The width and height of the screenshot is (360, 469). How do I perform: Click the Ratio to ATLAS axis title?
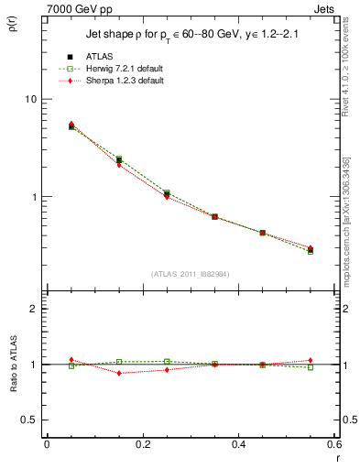(x=13, y=365)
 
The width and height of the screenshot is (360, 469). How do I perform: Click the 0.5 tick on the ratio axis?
(x=29, y=420)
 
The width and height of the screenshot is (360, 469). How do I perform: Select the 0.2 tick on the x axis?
(x=142, y=443)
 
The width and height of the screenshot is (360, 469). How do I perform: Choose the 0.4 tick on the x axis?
(x=238, y=443)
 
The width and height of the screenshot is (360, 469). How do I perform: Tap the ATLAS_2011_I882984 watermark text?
(x=190, y=274)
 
